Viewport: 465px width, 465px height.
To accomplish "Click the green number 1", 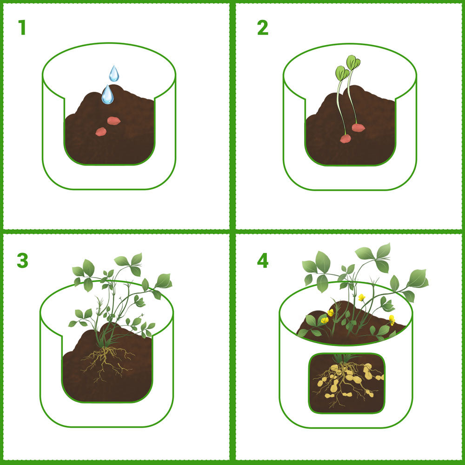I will point(22,28).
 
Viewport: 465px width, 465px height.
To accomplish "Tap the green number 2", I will point(263,28).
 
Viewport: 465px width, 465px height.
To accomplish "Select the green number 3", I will point(22,261).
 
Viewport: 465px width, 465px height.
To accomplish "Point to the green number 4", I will point(263,261).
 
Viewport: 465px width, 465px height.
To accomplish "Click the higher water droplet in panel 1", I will point(113,74).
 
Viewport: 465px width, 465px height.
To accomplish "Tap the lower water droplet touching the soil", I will point(107,95).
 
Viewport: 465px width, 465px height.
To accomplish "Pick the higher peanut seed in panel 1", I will point(114,121).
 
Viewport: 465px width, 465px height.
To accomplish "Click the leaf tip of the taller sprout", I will point(354,62).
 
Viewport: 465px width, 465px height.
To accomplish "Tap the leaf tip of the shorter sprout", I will point(342,73).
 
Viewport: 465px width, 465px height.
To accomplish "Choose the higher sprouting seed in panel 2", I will point(358,127).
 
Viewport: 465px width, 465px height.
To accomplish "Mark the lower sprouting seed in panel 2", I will point(345,139).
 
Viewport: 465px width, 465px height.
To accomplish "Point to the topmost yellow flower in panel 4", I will point(361,297).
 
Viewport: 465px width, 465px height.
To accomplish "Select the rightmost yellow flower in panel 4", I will point(392,319).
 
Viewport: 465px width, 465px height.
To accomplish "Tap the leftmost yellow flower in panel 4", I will point(325,320).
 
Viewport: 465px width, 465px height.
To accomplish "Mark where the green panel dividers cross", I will point(232,231).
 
